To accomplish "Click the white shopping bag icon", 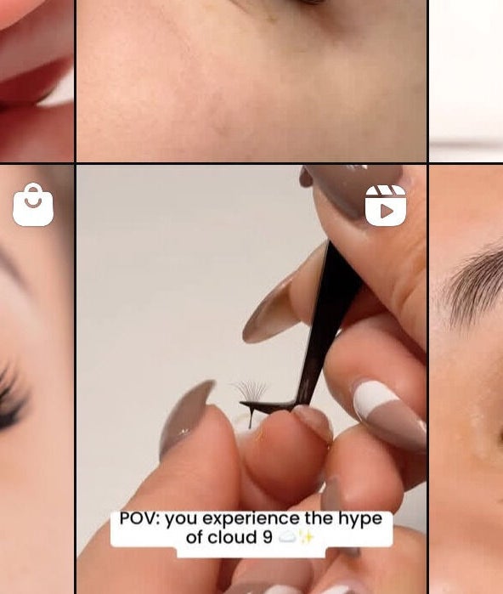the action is click(33, 205).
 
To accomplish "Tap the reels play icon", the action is click(386, 206).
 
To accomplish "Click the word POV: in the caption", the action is click(139, 518).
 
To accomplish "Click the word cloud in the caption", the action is click(232, 537).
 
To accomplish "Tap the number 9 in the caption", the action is click(268, 538).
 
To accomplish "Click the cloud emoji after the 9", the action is click(286, 537).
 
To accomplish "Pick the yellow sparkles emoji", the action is click(307, 537).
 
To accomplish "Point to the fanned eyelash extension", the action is click(250, 393).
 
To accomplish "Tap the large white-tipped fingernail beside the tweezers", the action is click(388, 414).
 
